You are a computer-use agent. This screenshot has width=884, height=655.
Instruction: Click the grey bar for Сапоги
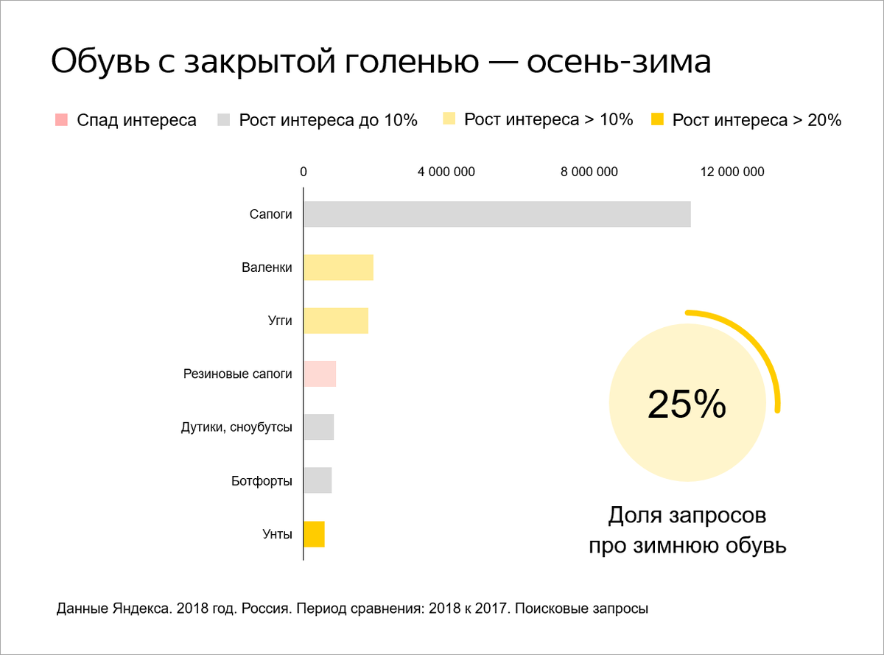pyautogui.click(x=497, y=214)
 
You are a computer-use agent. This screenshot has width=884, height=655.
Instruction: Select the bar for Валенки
pyautogui.click(x=338, y=267)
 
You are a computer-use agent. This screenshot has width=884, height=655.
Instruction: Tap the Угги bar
pyautogui.click(x=336, y=321)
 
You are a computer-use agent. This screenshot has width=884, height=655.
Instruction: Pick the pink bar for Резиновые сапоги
pyautogui.click(x=320, y=374)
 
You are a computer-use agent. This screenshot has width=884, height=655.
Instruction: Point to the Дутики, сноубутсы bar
pyautogui.click(x=319, y=427)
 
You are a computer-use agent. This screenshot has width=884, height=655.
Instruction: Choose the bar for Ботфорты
pyautogui.click(x=318, y=480)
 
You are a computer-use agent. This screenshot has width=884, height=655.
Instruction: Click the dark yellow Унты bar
pyautogui.click(x=314, y=534)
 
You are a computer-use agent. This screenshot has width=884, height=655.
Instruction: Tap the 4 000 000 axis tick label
pyautogui.click(x=446, y=172)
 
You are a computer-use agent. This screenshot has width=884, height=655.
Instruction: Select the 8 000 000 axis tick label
pyautogui.click(x=589, y=172)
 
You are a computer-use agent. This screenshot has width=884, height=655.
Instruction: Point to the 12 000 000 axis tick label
pyautogui.click(x=732, y=172)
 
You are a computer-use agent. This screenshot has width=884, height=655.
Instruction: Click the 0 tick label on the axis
pyautogui.click(x=304, y=172)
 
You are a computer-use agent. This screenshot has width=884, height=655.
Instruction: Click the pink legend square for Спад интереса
pyautogui.click(x=62, y=120)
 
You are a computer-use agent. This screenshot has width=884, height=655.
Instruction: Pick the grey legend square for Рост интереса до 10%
pyautogui.click(x=225, y=120)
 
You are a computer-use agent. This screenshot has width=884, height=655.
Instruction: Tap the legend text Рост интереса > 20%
pyautogui.click(x=757, y=121)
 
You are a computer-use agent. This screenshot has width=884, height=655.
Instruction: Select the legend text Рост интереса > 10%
pyautogui.click(x=548, y=120)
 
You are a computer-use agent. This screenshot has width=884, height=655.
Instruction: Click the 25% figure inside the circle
pyautogui.click(x=687, y=404)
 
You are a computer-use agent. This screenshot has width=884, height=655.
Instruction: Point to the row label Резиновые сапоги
pyautogui.click(x=238, y=374)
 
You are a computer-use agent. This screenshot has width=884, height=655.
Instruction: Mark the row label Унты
pyautogui.click(x=277, y=534)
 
